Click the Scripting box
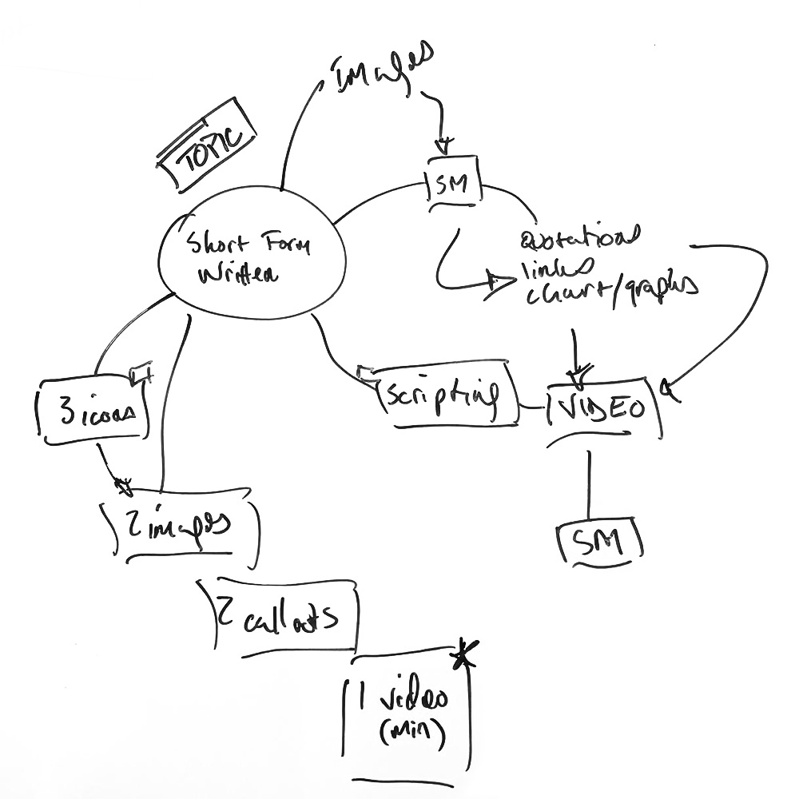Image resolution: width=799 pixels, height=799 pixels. (441, 395)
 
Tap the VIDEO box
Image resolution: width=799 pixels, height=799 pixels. (605, 410)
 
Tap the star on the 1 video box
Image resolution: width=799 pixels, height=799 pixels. (461, 657)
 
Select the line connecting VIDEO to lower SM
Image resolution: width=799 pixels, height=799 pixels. (589, 483)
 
